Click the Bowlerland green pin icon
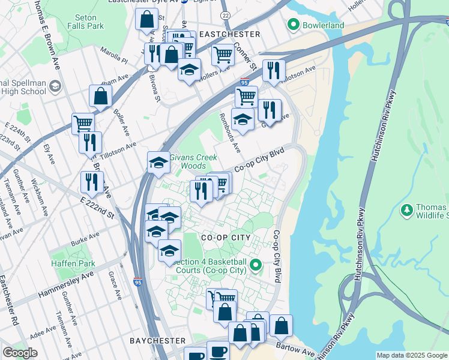point(293,25)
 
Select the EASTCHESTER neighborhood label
point(229,34)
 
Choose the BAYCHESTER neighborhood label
point(157,340)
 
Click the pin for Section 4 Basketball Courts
point(256,265)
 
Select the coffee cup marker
point(217,351)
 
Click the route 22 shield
point(224,14)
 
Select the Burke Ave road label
point(79,243)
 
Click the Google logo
point(20,353)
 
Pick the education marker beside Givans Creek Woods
point(158,162)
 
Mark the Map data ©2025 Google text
point(411,355)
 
